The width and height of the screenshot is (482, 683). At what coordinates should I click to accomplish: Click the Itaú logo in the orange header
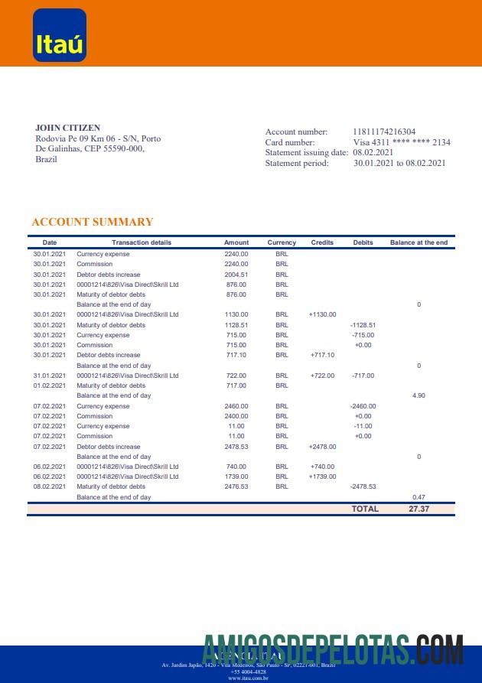coord(60,35)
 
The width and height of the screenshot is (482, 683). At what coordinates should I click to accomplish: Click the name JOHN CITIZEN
coord(67,128)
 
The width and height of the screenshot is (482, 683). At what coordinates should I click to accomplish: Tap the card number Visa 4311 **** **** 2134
coord(402,142)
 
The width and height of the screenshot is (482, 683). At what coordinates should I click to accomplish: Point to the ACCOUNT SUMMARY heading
coord(93,222)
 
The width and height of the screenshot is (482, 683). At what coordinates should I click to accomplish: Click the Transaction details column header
coord(142,242)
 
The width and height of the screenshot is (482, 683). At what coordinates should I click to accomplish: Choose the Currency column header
coord(282,242)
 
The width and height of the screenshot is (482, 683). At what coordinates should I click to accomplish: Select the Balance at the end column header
coord(418,242)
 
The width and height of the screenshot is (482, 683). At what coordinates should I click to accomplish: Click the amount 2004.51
coord(236,274)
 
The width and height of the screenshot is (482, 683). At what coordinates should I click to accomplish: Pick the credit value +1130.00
coord(323,314)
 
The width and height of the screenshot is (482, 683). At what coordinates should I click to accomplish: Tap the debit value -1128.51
coord(363,325)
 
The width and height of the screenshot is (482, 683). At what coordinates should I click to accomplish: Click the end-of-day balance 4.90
coord(418,395)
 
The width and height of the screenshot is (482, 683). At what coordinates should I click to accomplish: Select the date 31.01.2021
coord(50,376)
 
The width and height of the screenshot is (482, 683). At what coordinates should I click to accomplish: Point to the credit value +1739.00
coord(323,476)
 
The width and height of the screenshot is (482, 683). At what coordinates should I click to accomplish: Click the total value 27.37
coord(418,509)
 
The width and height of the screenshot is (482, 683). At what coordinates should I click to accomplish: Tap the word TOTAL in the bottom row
coord(365,509)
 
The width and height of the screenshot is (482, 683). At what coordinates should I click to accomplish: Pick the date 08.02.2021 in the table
coord(50,486)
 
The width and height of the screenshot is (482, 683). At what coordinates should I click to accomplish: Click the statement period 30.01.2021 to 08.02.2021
coord(399,163)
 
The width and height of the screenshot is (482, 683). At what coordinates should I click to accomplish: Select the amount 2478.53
coord(236,447)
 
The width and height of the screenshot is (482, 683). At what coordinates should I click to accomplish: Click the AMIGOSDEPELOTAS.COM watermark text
coord(334,652)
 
